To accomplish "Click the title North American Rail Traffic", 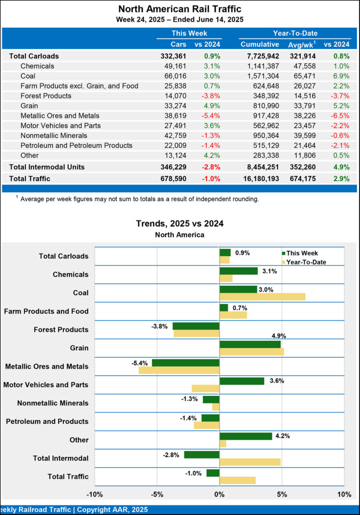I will [180, 9].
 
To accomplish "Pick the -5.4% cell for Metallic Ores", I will [211, 116].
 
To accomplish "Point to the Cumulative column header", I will [259, 44].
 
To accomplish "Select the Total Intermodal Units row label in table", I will [47, 166].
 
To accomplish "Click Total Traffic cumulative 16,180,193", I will [256, 178].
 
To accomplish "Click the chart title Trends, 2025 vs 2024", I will [180, 223].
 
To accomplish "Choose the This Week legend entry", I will [302, 253].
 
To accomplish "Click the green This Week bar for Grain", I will [250, 344].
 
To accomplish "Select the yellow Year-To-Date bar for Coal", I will [262, 297].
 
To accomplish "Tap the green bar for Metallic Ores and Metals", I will [186, 363].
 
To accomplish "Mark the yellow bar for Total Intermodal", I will [250, 462].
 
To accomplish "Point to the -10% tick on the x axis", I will [95, 495].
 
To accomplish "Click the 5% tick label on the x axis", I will [282, 495].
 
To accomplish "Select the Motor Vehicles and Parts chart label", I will [46, 385].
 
